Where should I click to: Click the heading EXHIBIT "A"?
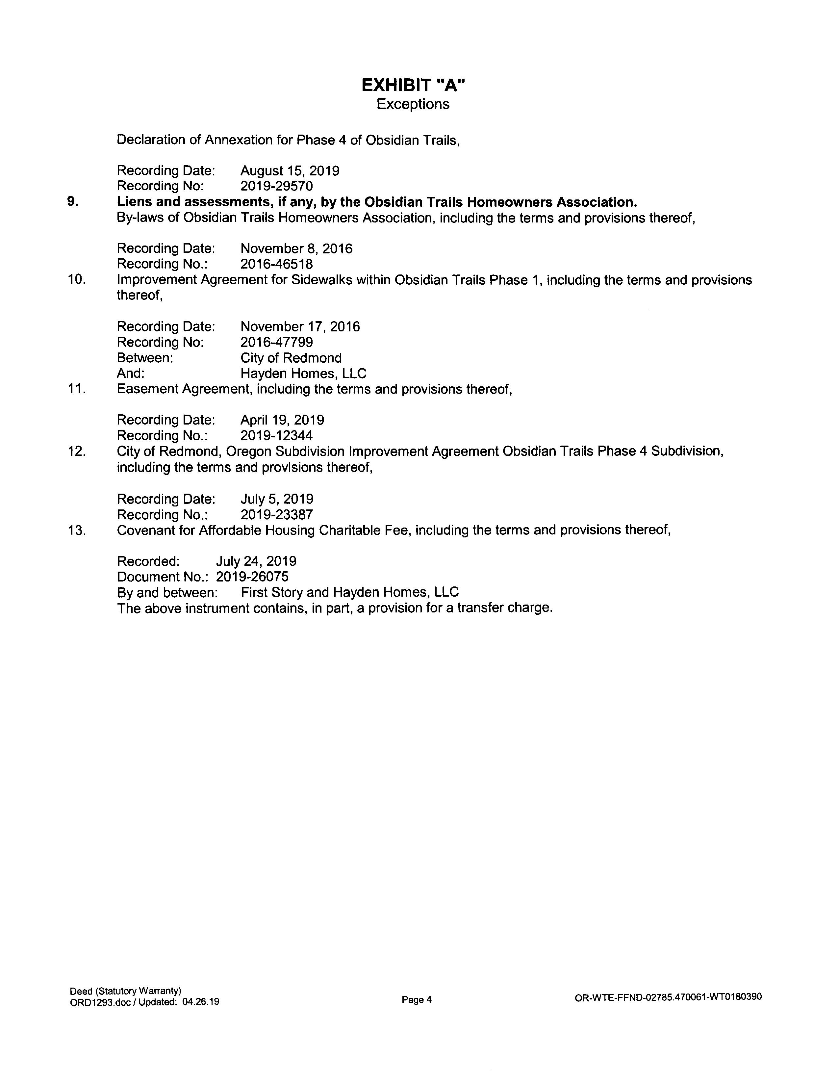(413, 86)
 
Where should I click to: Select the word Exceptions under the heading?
(413, 104)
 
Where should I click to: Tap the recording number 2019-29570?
(276, 187)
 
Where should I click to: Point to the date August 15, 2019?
(290, 171)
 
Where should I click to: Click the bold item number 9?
(73, 202)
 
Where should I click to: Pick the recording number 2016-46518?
(276, 264)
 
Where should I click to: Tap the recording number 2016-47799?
(276, 343)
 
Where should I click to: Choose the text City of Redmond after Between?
(291, 358)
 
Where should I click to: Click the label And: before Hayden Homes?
(131, 374)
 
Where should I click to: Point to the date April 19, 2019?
(282, 420)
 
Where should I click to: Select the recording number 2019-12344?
(276, 436)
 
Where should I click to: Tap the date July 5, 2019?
(277, 499)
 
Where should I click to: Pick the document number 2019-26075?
(252, 577)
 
